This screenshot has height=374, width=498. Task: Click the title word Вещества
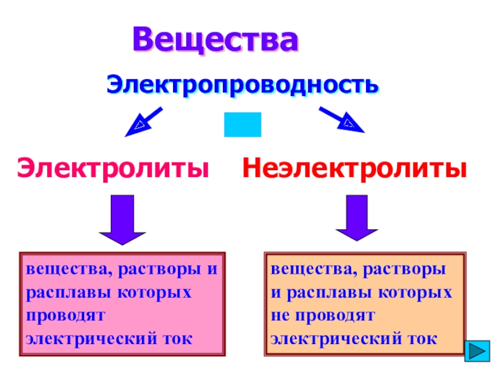pos(215,40)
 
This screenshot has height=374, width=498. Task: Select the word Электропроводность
pos(242,84)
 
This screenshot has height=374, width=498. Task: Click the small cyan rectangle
pos(242,125)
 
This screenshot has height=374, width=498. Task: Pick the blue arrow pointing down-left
pos(143,122)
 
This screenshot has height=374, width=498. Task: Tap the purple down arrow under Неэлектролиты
pos(357,218)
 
